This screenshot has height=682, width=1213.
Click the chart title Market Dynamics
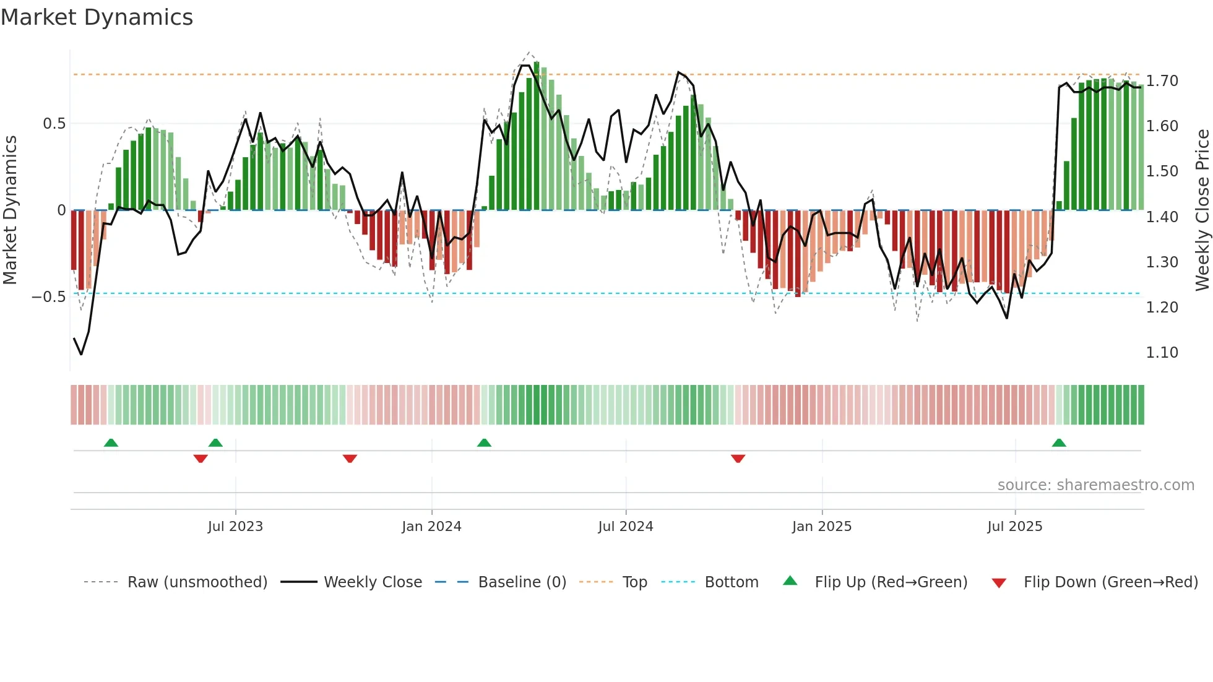click(x=97, y=17)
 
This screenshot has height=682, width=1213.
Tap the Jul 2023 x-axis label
click(x=235, y=527)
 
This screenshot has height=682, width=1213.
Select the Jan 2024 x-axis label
click(x=431, y=527)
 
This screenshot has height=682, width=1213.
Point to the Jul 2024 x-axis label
click(x=625, y=527)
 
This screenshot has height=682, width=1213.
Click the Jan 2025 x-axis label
click(x=821, y=527)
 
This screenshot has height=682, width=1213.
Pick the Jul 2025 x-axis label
click(x=1014, y=527)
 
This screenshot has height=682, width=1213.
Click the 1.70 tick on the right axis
click(x=1162, y=81)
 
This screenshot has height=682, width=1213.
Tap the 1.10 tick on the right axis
click(x=1162, y=353)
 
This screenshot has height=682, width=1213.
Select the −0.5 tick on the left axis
click(x=48, y=297)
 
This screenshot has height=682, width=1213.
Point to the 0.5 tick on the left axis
click(x=54, y=124)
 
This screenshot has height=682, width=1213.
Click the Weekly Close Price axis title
click(x=1202, y=210)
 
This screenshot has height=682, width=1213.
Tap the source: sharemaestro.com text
click(x=1095, y=485)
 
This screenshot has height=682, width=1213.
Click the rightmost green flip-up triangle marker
click(x=1059, y=443)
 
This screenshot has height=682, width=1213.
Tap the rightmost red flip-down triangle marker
click(x=738, y=459)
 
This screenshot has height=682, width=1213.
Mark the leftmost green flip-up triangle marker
click(x=111, y=443)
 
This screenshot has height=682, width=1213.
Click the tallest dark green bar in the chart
click(x=537, y=136)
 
